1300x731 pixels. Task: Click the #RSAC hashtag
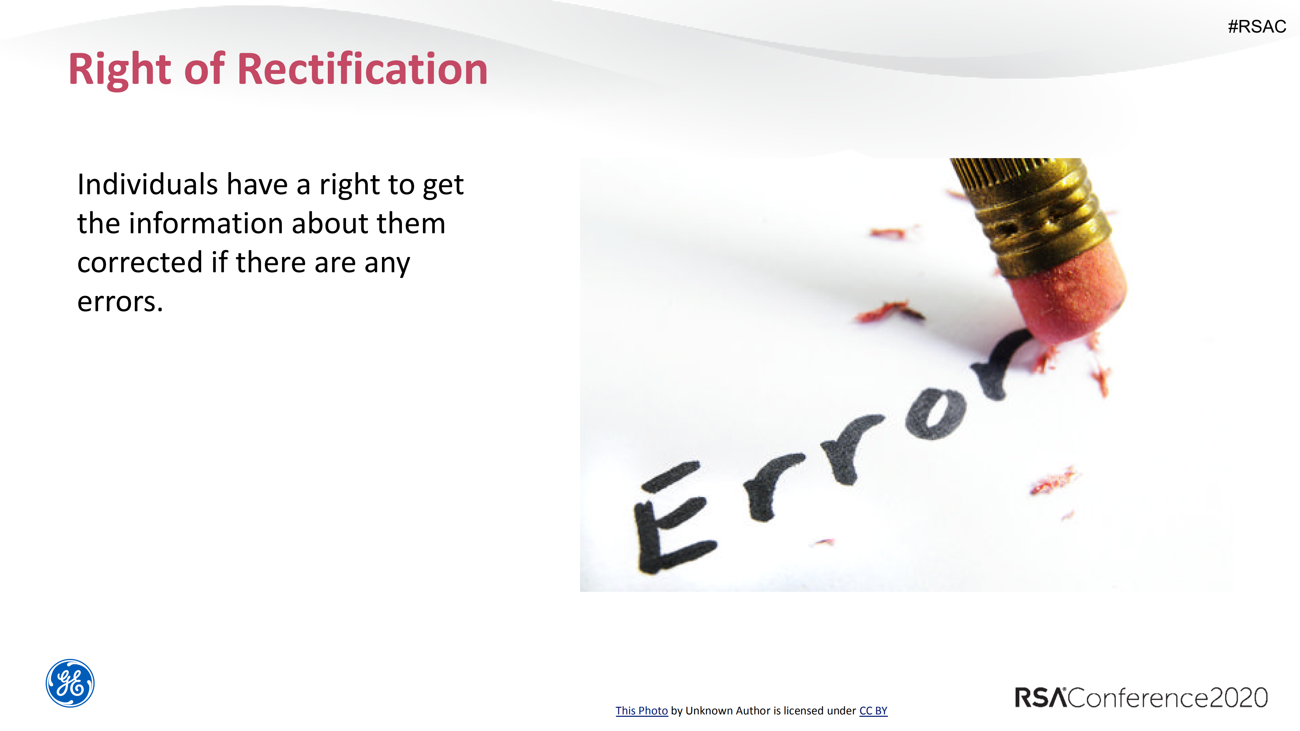[1257, 26]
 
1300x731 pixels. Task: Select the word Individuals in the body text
[147, 184]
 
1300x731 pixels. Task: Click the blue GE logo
[70, 683]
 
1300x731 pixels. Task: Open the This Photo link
[641, 710]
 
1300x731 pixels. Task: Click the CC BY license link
[873, 710]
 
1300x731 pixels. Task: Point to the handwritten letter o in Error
[936, 414]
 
